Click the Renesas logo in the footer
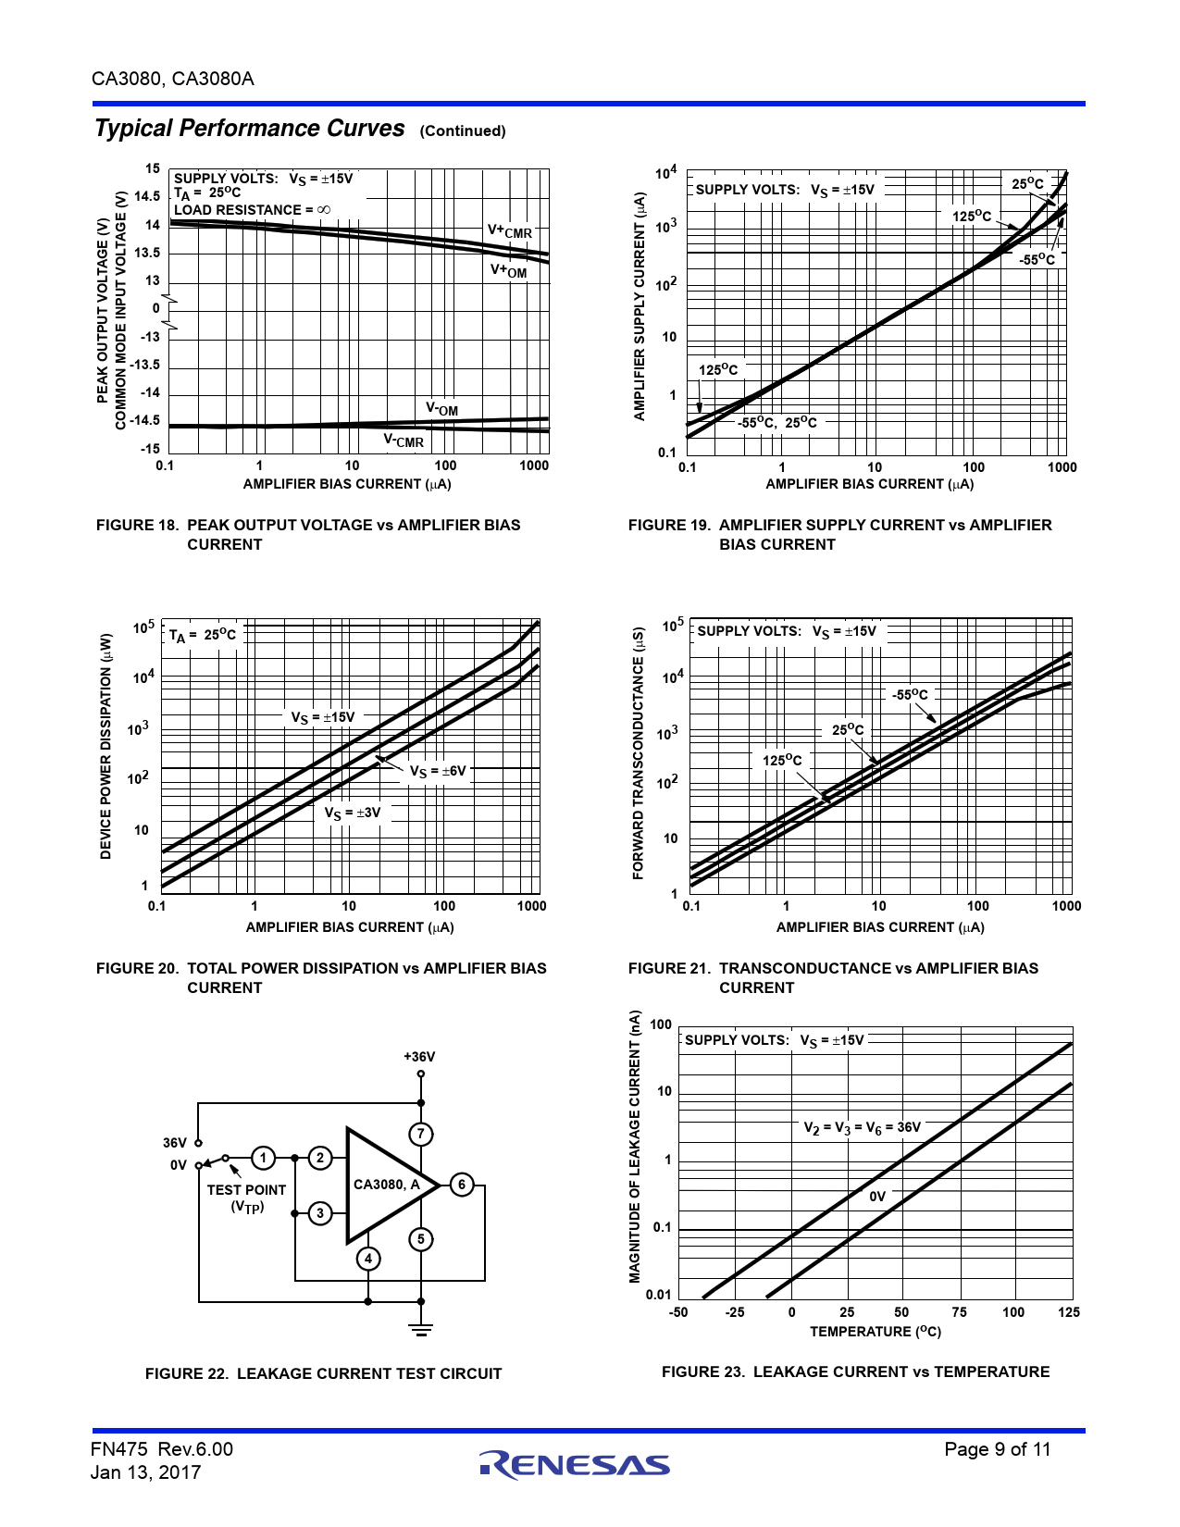click(575, 1464)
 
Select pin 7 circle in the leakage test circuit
click(421, 1134)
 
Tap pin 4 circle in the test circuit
click(368, 1259)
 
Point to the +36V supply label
click(419, 1057)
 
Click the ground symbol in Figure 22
click(421, 1329)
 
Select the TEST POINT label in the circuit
click(246, 1190)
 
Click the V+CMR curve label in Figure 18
click(510, 231)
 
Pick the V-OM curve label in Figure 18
click(441, 409)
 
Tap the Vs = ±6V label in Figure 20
click(438, 771)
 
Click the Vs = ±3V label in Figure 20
click(352, 813)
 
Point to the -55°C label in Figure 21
click(910, 694)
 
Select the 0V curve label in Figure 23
click(877, 1197)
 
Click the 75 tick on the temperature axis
click(959, 1312)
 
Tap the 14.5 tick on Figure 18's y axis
click(147, 196)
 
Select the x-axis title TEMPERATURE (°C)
click(876, 1332)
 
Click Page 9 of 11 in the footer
click(998, 1449)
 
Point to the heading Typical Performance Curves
click(250, 128)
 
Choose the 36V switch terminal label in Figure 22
click(175, 1143)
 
